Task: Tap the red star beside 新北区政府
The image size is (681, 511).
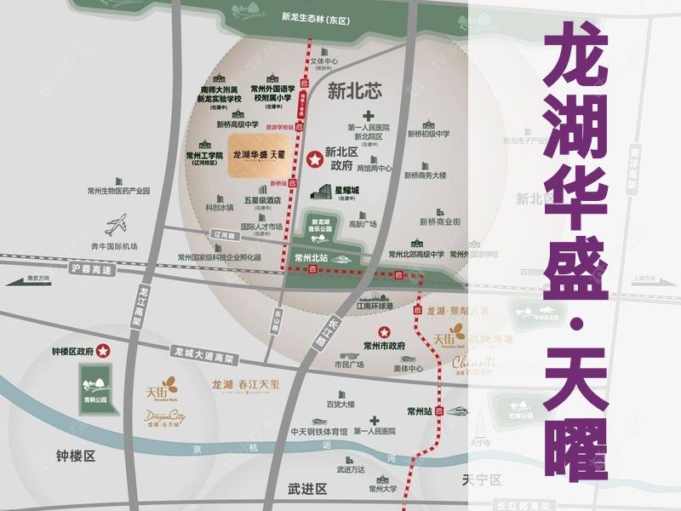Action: [315, 158]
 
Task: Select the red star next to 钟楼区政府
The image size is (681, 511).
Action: [103, 349]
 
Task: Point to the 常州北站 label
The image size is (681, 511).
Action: [311, 255]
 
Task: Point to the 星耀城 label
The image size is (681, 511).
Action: [346, 190]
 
